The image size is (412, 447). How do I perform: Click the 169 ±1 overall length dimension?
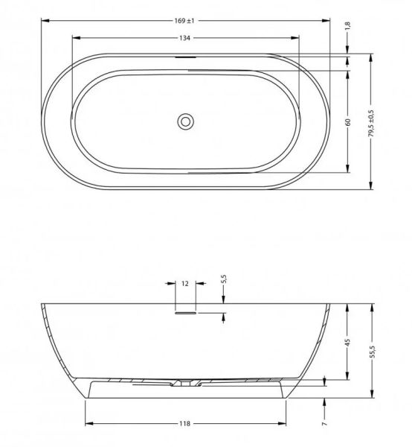[184, 21]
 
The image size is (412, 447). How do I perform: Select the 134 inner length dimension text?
[184, 38]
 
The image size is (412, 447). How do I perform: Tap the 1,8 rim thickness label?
[347, 25]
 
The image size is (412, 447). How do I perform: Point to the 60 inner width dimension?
[348, 122]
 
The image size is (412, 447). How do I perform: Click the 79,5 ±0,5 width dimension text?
[371, 123]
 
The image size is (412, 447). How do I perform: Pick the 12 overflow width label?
[185, 284]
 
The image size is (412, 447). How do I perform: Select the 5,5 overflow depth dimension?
[224, 279]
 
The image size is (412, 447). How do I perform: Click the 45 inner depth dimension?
[347, 343]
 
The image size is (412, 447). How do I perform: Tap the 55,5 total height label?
[373, 352]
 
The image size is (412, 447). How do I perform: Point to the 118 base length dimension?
[184, 424]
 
